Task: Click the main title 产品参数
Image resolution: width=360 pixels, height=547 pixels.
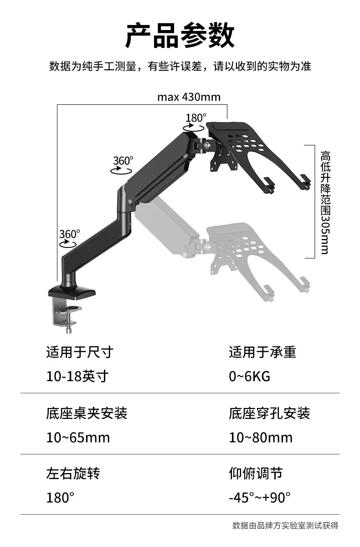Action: [180, 36]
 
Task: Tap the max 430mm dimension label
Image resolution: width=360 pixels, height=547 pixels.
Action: [189, 97]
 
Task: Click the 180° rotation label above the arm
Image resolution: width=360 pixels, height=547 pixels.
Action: [196, 118]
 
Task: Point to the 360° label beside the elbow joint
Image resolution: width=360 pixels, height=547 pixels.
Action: [123, 161]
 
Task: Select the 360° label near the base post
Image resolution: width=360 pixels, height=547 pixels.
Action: [70, 234]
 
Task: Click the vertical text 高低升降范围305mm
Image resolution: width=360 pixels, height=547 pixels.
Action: [325, 202]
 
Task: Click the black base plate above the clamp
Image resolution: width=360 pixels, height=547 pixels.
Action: [72, 292]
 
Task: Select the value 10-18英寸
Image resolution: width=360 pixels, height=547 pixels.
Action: [77, 377]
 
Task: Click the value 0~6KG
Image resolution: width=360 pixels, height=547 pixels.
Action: [250, 377]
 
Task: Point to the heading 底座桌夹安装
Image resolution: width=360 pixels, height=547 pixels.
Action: [87, 413]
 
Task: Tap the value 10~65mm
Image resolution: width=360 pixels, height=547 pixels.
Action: [78, 437]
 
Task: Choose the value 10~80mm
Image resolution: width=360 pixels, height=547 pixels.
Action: [261, 437]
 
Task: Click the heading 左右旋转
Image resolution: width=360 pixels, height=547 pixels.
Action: [73, 474]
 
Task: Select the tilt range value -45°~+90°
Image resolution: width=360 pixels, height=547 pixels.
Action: [260, 497]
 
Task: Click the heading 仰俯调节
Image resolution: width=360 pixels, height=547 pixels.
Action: [256, 474]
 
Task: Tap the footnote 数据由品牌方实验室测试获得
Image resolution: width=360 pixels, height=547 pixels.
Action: [285, 526]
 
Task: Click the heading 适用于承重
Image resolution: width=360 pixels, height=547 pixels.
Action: [262, 352]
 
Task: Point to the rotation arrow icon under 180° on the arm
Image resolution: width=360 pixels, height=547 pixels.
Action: [194, 128]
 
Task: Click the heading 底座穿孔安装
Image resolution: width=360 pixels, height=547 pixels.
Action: [269, 413]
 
